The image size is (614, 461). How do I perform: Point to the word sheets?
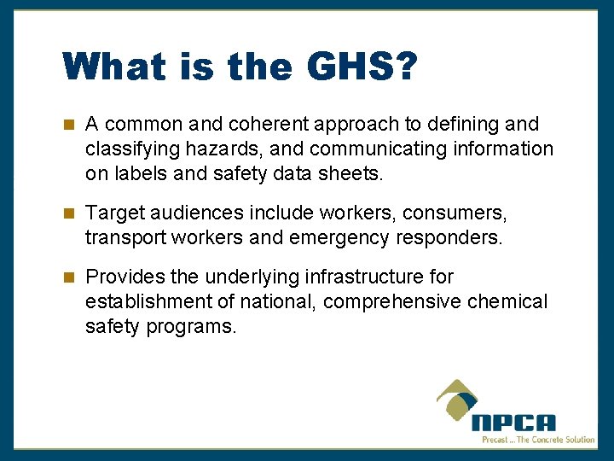[353, 174]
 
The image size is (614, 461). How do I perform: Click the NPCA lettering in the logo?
[513, 422]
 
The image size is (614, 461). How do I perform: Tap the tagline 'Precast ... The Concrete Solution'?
[538, 440]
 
